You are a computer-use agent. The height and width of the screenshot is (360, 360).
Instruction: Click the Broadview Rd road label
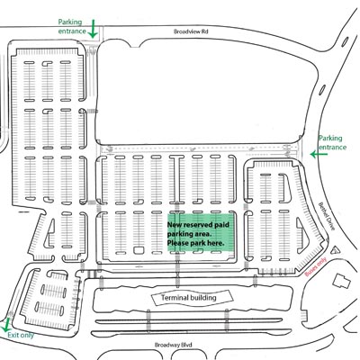pos(191,31)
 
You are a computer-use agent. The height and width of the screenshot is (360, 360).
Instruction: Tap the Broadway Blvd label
pos(173,345)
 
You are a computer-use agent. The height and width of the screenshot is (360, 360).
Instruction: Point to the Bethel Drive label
pos(326,216)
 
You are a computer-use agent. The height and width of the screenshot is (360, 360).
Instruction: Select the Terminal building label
pos(189,298)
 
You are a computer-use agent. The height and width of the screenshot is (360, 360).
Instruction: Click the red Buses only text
pos(316,267)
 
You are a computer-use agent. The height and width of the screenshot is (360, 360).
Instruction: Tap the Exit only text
pos(21,335)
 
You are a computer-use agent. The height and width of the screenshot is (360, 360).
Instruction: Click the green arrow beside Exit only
pos(6,324)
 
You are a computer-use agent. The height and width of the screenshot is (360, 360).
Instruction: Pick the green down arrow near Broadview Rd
pos(93,29)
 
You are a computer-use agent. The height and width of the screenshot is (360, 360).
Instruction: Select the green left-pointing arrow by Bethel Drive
pos(319,155)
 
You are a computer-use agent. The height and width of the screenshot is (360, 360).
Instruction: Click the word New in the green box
pos(175,225)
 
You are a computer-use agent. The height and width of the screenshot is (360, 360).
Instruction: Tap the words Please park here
pos(195,243)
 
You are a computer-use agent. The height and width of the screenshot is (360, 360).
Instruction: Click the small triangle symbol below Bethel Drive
pos(335,250)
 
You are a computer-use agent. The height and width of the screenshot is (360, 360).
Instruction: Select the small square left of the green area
pos(138,250)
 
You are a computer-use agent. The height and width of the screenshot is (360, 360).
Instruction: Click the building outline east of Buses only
pos(341,281)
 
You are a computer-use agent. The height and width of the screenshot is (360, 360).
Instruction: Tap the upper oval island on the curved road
pos(345,41)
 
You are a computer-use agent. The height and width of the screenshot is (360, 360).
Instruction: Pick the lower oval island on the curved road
pos(322,90)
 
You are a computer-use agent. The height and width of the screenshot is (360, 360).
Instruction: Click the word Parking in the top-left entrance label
pos(70,22)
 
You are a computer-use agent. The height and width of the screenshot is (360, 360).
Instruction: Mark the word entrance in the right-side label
pos(332,148)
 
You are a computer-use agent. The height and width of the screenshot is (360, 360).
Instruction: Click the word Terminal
pos(174,298)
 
